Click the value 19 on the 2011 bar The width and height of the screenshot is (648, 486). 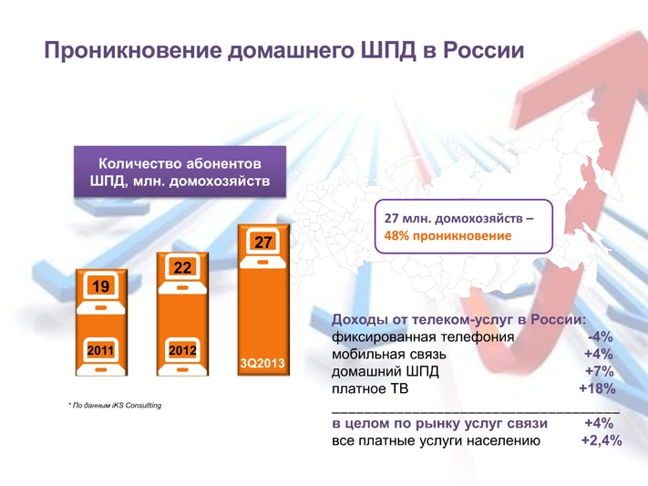tap(100, 286)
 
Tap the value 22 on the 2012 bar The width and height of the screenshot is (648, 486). tap(182, 267)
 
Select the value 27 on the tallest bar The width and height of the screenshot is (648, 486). tap(263, 243)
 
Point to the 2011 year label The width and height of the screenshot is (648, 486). tap(100, 349)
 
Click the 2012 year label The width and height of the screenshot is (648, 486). tap(182, 349)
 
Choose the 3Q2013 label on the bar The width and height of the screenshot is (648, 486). tap(262, 363)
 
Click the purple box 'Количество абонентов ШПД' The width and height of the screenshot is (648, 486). tap(180, 171)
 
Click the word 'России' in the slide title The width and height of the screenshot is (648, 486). tap(483, 50)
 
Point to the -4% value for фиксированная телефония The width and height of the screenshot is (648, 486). tap(600, 336)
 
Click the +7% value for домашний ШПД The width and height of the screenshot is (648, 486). tap(598, 371)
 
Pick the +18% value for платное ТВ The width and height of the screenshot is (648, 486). tap(597, 388)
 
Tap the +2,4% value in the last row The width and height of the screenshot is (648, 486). tap(601, 440)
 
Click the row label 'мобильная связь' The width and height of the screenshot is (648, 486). tap(388, 354)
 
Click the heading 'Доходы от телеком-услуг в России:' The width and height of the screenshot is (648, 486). tap(458, 319)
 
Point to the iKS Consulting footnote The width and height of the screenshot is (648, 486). tap(115, 405)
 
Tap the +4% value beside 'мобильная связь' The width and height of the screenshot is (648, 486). tap(598, 354)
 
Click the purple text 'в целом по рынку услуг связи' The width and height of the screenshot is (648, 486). tap(438, 423)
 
